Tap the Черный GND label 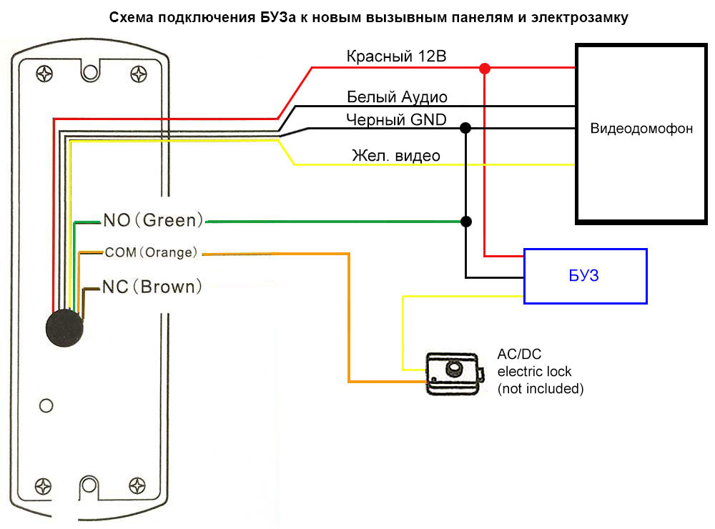(x=396, y=119)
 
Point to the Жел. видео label (x=395, y=155)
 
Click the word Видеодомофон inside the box (x=641, y=129)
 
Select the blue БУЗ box (x=585, y=276)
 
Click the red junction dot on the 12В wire (x=485, y=69)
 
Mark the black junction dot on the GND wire (x=465, y=129)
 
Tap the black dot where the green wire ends (x=465, y=222)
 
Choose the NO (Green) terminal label (x=153, y=220)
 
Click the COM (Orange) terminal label (x=151, y=252)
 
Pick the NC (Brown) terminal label (x=152, y=287)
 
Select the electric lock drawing (x=453, y=372)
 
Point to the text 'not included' (x=541, y=389)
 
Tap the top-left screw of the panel (x=45, y=73)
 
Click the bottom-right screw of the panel (x=137, y=485)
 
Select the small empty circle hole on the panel (x=46, y=405)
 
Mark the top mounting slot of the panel (x=90, y=71)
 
